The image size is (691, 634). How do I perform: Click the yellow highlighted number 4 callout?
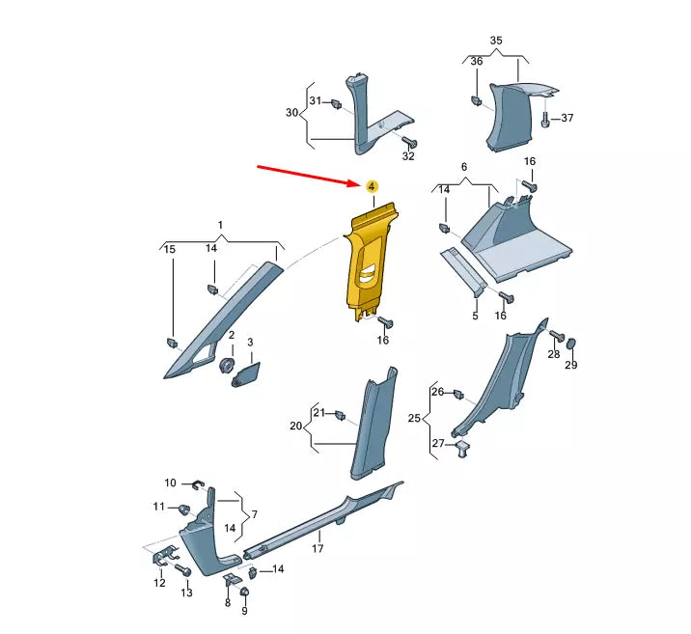coord(372,186)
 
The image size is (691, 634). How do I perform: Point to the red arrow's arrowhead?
coord(356,182)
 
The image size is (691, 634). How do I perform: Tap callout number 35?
coord(496,41)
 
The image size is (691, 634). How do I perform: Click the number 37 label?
coord(567,118)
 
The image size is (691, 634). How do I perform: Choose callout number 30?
coord(291,113)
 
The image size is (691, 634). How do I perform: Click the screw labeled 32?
coord(409,142)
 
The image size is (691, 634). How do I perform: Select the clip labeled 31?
coord(337,104)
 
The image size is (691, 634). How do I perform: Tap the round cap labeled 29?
coord(571,345)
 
